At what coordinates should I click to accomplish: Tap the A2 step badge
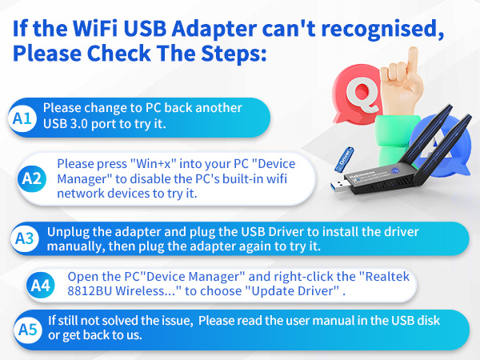(x=32, y=178)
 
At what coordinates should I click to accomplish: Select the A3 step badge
(x=26, y=238)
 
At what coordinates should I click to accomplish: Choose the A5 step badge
(x=28, y=328)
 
